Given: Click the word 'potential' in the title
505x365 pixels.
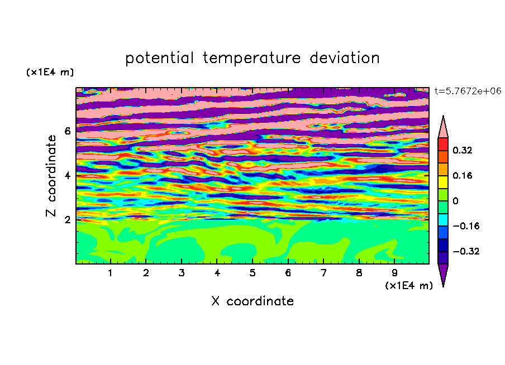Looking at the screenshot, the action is pyautogui.click(x=159, y=59).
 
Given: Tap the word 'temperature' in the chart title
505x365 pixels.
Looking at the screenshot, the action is pyautogui.click(x=251, y=59).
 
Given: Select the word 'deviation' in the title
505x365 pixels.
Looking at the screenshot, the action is pyautogui.click(x=345, y=58).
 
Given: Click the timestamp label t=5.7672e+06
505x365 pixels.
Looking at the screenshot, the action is pyautogui.click(x=468, y=91).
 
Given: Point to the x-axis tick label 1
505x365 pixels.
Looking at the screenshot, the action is pyautogui.click(x=110, y=273).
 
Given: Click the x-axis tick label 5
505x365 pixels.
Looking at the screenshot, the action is pyautogui.click(x=252, y=273).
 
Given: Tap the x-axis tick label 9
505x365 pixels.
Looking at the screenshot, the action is pyautogui.click(x=394, y=273).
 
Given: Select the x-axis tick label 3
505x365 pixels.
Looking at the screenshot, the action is pyautogui.click(x=182, y=273).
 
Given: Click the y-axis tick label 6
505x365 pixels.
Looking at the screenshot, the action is pyautogui.click(x=67, y=131).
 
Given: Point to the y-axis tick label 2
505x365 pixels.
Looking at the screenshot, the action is pyautogui.click(x=67, y=220).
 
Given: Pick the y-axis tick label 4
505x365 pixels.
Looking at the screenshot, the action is pyautogui.click(x=67, y=176).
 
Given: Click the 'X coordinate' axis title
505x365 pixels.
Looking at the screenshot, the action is pyautogui.click(x=252, y=301).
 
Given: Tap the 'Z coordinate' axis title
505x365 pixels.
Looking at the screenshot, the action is pyautogui.click(x=51, y=176).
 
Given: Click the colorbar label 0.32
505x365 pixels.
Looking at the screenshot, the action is pyautogui.click(x=462, y=150).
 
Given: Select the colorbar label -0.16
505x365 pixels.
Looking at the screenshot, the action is pyautogui.click(x=466, y=226).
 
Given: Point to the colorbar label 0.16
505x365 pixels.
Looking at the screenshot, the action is pyautogui.click(x=462, y=175).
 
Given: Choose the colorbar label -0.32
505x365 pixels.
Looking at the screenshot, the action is pyautogui.click(x=466, y=251).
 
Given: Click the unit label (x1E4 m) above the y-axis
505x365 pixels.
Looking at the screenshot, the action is pyautogui.click(x=50, y=72).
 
